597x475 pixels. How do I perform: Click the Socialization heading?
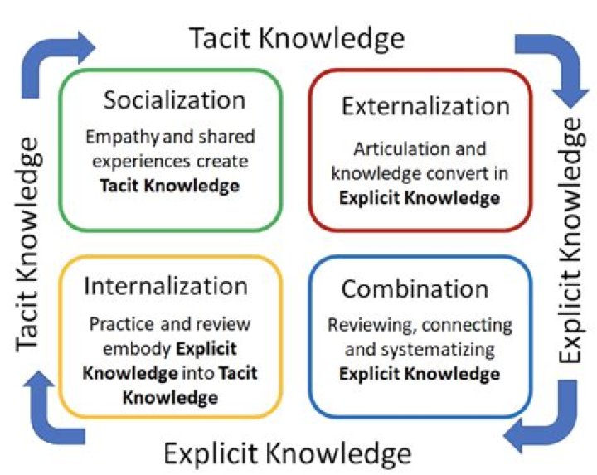(174, 100)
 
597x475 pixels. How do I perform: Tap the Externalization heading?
(425, 106)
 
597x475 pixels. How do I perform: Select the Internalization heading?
(166, 286)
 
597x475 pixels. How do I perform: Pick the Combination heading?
(415, 288)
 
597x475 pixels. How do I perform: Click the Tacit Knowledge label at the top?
(297, 38)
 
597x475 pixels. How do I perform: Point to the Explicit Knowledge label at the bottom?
(288, 453)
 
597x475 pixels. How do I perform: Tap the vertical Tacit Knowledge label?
(27, 244)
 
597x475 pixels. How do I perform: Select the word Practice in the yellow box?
(121, 324)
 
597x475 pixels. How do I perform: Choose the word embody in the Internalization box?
(137, 349)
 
